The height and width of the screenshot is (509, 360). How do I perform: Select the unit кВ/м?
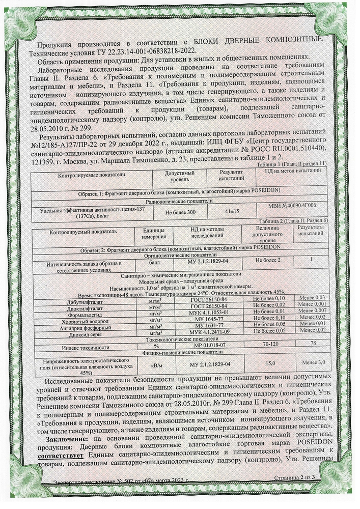(156, 364)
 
